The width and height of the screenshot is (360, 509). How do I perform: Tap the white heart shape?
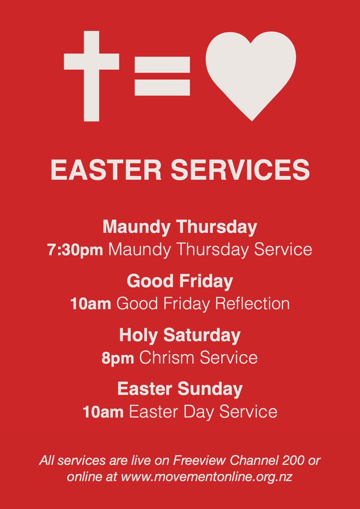pos(251,73)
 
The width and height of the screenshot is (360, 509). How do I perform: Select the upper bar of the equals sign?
pos(162,64)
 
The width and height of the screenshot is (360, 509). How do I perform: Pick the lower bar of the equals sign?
pos(162,88)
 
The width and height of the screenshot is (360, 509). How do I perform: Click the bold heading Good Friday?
pos(180,281)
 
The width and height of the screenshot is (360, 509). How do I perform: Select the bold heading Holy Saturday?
pos(180,335)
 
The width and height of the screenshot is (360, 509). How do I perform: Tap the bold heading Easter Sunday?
pos(180,389)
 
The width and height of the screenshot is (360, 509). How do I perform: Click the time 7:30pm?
pos(75,250)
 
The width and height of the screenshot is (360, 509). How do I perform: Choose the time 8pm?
pos(118,358)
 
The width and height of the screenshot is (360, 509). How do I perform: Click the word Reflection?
pos(252,304)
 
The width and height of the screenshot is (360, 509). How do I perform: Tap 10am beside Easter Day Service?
pos(103,412)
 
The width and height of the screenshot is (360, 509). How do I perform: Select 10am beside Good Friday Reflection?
pos(91,304)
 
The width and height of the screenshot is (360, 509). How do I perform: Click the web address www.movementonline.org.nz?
pos(207,477)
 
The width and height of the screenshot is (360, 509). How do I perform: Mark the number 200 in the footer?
pos(293,461)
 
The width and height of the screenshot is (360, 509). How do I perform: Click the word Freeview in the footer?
pos(199,461)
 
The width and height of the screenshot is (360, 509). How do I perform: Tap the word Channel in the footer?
pos(254,461)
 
